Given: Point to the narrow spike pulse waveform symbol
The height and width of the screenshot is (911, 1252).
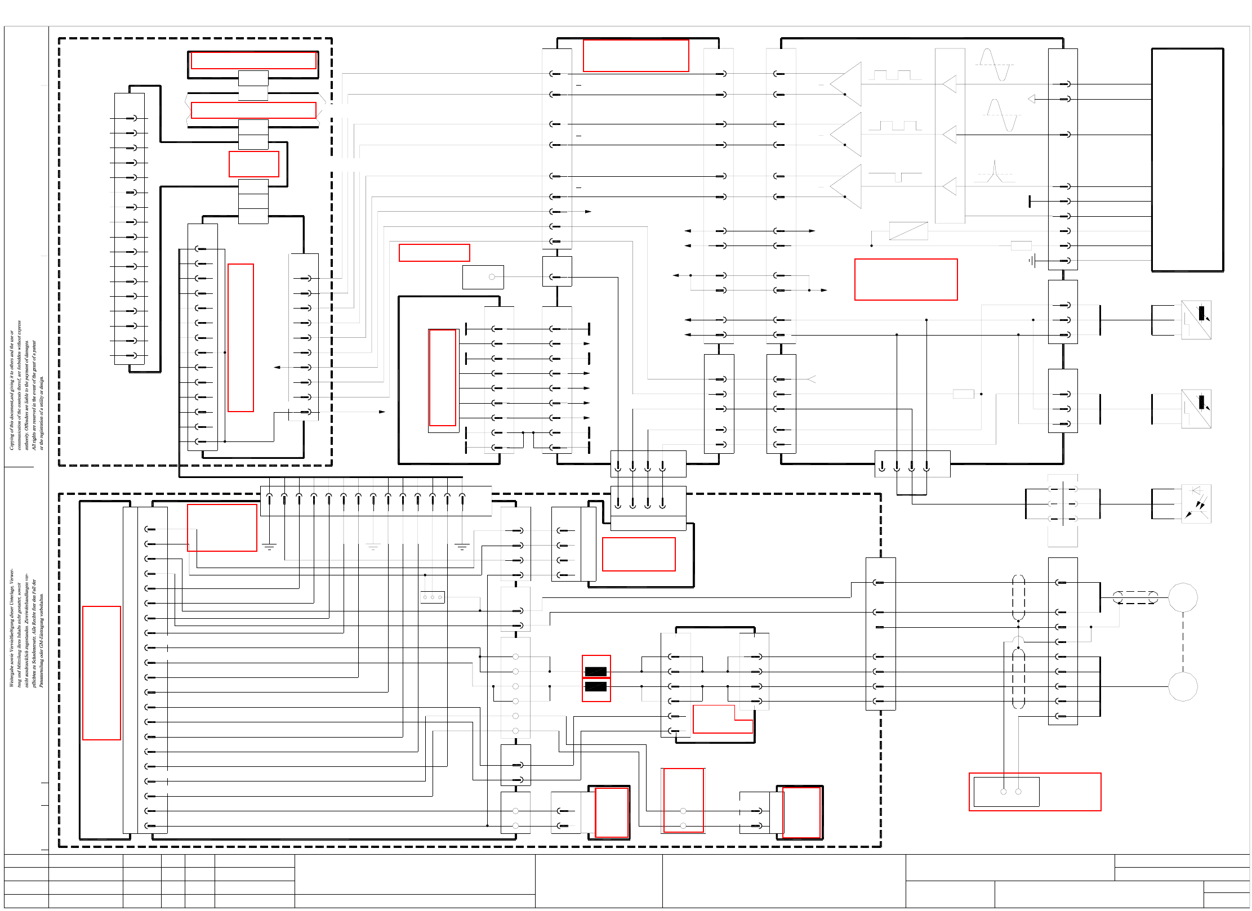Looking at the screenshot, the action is (995, 172).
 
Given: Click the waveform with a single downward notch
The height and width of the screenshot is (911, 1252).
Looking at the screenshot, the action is (895, 176).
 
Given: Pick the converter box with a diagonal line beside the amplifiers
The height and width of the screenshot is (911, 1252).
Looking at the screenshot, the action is (908, 231).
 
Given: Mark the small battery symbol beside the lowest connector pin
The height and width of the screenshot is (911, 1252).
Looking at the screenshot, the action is (1031, 261).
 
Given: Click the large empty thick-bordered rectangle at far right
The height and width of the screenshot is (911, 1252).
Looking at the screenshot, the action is (1187, 160).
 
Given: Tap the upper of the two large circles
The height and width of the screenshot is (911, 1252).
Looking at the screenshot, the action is (1183, 597).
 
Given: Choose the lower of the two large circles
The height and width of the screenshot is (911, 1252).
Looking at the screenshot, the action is (1183, 686).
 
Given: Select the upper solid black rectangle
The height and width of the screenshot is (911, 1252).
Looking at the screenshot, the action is (595, 671).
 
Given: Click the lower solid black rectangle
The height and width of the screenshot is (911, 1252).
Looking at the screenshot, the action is (595, 686).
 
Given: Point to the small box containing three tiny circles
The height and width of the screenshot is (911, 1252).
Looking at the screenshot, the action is (433, 597).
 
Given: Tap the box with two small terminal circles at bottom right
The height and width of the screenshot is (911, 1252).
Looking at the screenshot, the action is (1006, 792).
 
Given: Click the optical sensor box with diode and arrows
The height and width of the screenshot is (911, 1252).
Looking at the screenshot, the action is (1196, 504).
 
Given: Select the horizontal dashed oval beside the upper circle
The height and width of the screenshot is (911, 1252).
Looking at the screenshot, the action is (1135, 597).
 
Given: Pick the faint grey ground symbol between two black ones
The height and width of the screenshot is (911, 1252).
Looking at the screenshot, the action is (373, 547).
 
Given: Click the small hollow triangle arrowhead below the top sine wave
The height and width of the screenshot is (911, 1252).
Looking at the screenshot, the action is (1031, 99).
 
